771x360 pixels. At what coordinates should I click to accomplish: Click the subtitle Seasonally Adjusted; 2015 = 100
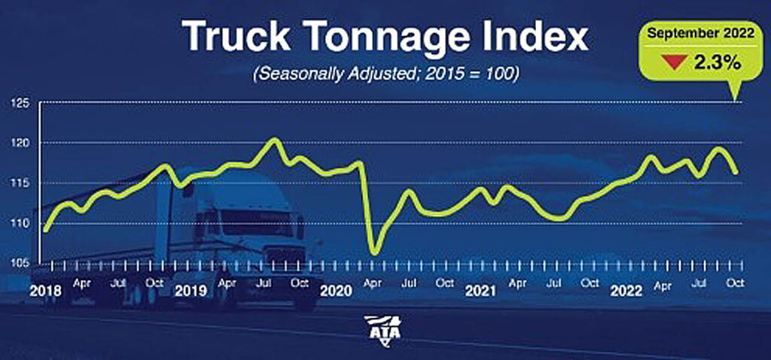386,77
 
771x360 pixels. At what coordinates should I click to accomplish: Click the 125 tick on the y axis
18,102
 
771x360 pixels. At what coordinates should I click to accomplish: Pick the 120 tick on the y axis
18,143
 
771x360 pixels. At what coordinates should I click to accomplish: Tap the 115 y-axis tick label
18,183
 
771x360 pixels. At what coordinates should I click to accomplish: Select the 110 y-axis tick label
18,224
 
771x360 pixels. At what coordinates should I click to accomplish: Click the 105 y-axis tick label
18,264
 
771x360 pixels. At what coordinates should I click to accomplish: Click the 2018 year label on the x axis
45,291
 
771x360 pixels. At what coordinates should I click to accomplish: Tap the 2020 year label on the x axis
335,291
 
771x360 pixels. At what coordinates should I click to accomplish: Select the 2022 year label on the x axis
626,291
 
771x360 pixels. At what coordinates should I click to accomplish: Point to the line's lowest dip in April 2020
373,252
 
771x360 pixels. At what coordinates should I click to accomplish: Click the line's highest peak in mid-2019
275,139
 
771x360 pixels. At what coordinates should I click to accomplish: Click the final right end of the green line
736,172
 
